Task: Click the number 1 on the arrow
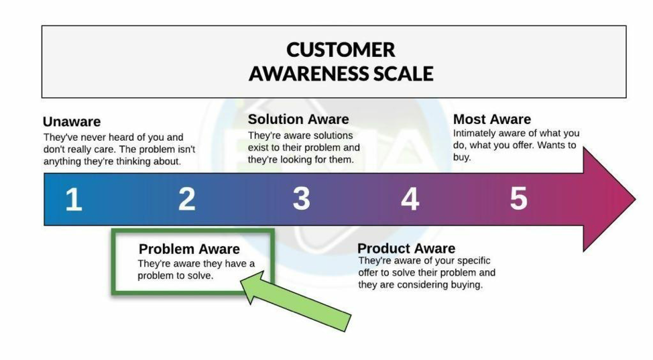click(x=73, y=200)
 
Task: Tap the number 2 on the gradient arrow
click(x=186, y=199)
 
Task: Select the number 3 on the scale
click(x=301, y=199)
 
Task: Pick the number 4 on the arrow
click(x=410, y=199)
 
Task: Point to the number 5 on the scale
click(x=518, y=199)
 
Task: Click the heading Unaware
click(x=72, y=121)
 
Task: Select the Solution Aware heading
click(x=298, y=119)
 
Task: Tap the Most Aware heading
click(x=491, y=119)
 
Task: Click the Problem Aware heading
click(x=189, y=249)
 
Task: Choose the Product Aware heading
click(x=406, y=249)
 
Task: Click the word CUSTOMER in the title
click(x=341, y=50)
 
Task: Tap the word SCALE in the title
click(x=404, y=73)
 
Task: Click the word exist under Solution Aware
click(x=258, y=147)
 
